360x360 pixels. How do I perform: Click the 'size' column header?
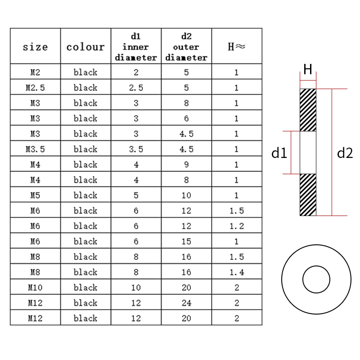tap(35, 47)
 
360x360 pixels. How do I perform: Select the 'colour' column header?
tap(85, 47)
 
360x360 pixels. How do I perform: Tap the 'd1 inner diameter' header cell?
tap(136, 46)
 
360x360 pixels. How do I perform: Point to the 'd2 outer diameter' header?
tap(186, 46)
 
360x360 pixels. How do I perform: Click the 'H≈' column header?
tap(236, 47)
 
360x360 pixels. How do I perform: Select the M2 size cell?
tap(35, 72)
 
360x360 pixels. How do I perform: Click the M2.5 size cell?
tap(35, 88)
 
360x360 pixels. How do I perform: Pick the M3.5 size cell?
tap(35, 149)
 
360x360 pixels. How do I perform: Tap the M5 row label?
tap(35, 195)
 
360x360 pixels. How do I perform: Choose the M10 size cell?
tap(35, 288)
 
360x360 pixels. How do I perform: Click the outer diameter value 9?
tap(186, 165)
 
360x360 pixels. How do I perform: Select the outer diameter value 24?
tap(186, 303)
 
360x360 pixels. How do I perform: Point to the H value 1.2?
tap(236, 226)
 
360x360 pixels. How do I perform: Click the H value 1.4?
tap(236, 272)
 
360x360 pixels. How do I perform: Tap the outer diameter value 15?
tap(186, 241)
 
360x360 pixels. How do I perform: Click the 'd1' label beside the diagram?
tap(279, 153)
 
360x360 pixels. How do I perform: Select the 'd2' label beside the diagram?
tap(345, 153)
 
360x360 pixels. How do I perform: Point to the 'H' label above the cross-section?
tap(308, 70)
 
